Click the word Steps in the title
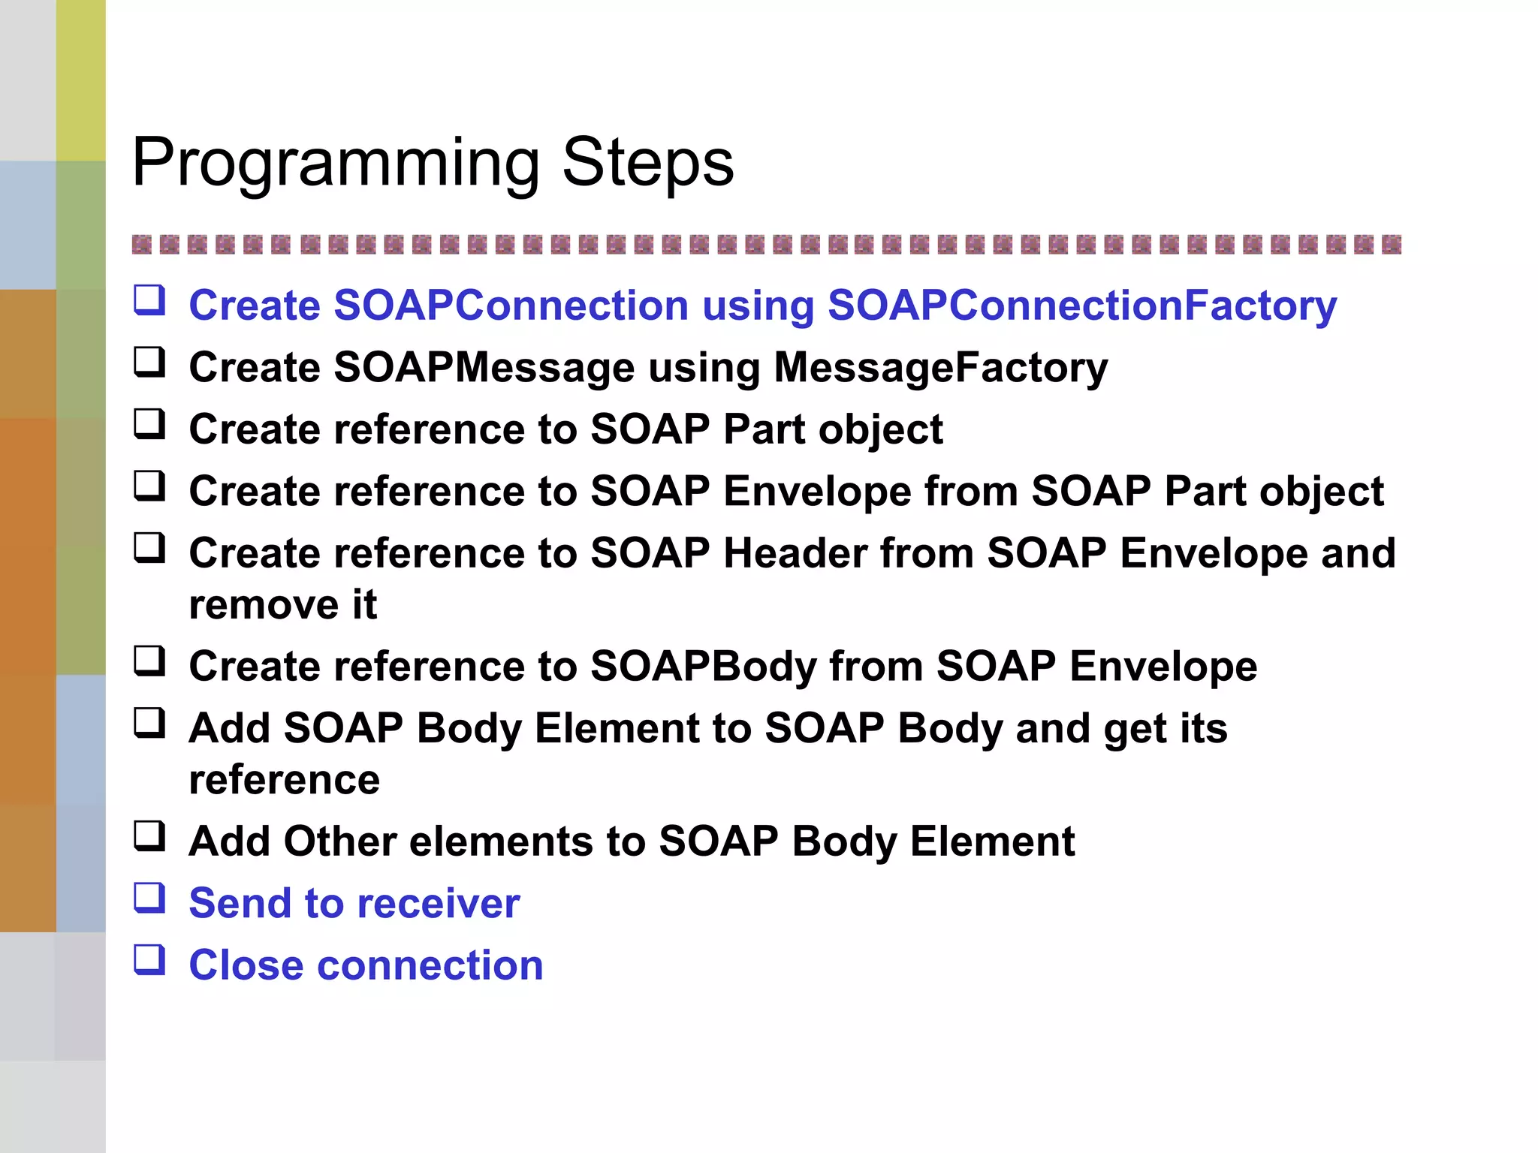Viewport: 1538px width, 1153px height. coord(647,164)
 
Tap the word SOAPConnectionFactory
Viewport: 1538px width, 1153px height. coord(1081,306)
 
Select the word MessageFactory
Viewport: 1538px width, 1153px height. coord(940,368)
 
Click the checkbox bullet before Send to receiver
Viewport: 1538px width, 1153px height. coord(149,898)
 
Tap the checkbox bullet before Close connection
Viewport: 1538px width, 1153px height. coord(149,959)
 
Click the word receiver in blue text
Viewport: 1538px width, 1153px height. coord(439,903)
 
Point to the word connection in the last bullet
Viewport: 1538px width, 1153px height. coord(430,965)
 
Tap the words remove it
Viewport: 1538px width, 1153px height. coord(282,605)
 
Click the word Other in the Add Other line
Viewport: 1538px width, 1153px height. coord(340,841)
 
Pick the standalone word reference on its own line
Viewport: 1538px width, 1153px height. coord(284,780)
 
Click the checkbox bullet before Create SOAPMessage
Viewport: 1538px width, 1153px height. coord(149,362)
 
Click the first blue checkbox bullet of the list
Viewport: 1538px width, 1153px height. coord(149,300)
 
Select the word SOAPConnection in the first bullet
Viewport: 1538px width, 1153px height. coord(511,306)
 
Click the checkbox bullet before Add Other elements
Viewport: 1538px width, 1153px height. coord(149,835)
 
